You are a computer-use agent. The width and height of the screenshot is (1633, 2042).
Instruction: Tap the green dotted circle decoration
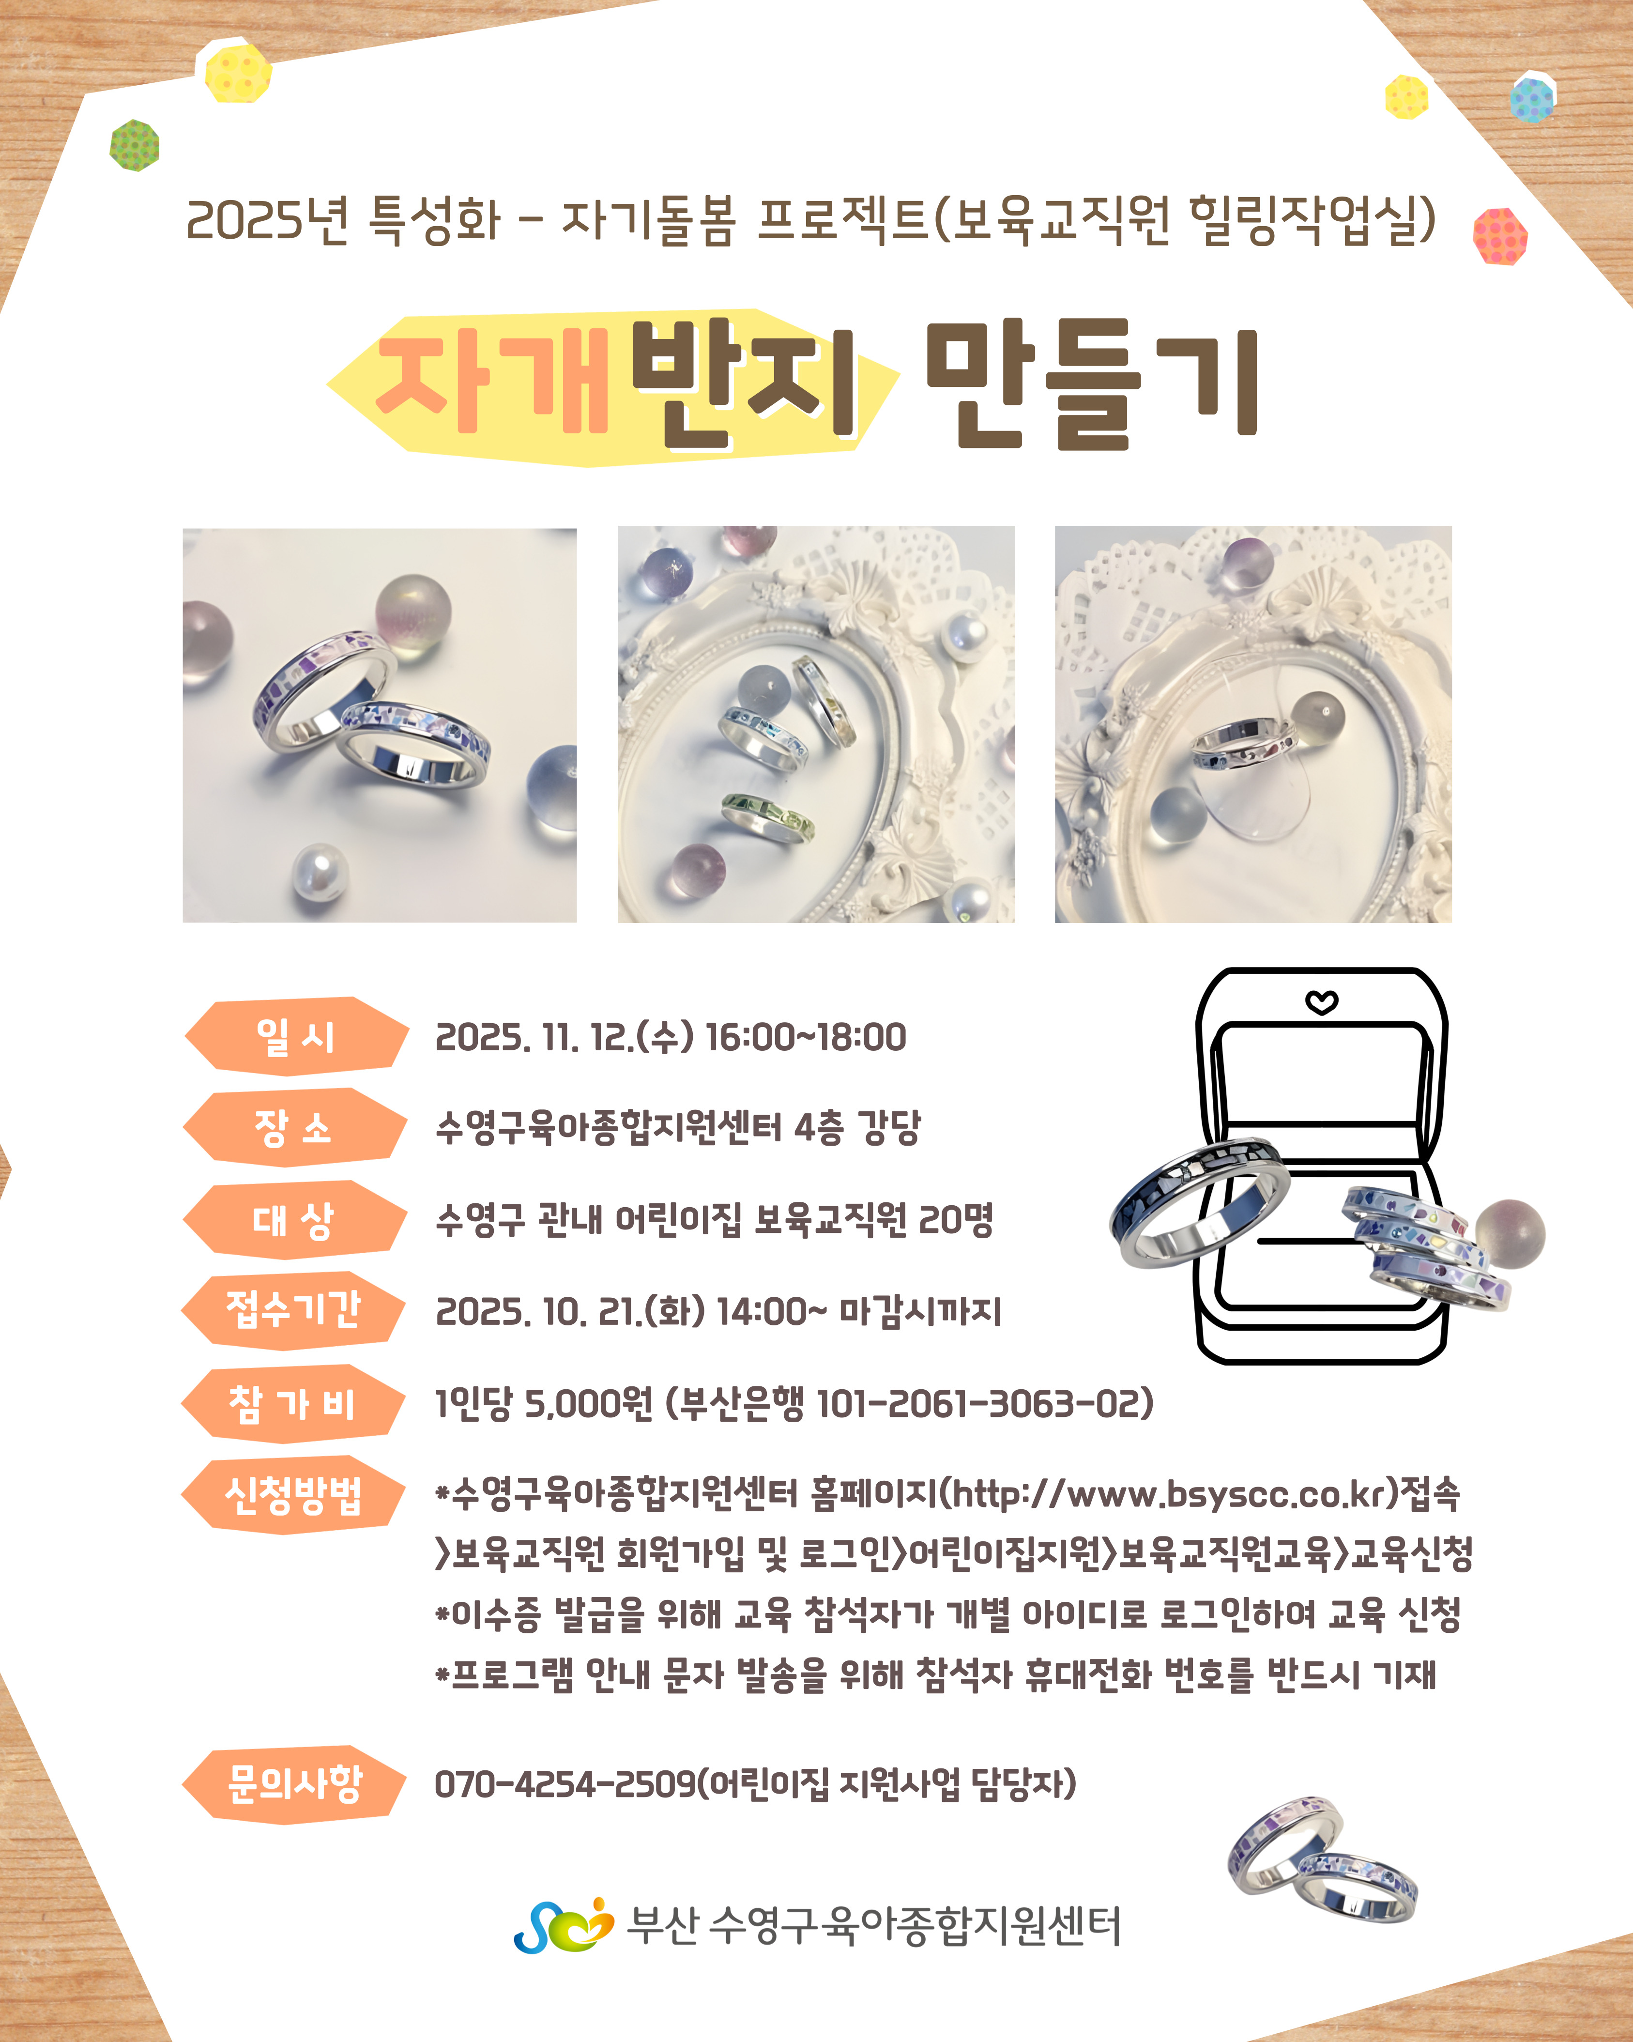(135, 145)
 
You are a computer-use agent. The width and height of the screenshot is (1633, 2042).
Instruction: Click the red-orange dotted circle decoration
(1500, 236)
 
